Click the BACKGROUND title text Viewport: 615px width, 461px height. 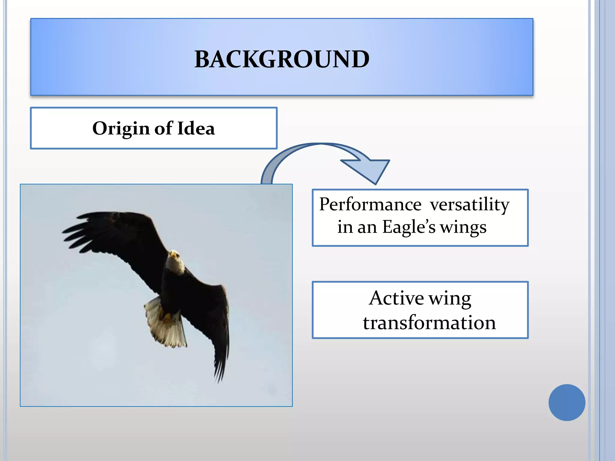click(x=282, y=59)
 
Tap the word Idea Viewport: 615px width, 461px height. click(x=196, y=128)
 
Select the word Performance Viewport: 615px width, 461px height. click(x=370, y=205)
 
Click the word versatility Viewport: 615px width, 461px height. click(x=469, y=205)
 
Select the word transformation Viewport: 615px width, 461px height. click(x=429, y=323)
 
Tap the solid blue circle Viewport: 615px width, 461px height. click(x=567, y=402)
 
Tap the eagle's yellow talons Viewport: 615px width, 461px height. click(x=166, y=317)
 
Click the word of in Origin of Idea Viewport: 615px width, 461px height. click(x=163, y=128)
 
